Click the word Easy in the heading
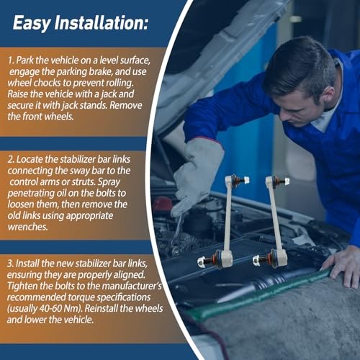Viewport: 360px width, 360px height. tap(32, 23)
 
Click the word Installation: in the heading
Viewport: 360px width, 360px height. tap(101, 22)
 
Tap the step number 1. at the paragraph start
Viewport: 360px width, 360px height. tap(11, 60)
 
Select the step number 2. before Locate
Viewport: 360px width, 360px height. tap(11, 159)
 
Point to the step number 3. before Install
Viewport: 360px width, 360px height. tap(10, 264)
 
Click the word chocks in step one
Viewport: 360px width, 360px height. tap(47, 83)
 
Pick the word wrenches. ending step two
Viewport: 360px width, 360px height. tap(27, 227)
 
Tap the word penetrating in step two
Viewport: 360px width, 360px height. tap(31, 194)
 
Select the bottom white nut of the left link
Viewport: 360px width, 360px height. tap(202, 262)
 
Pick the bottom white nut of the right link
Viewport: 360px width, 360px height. tap(257, 260)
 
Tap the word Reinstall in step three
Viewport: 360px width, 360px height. tap(101, 309)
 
